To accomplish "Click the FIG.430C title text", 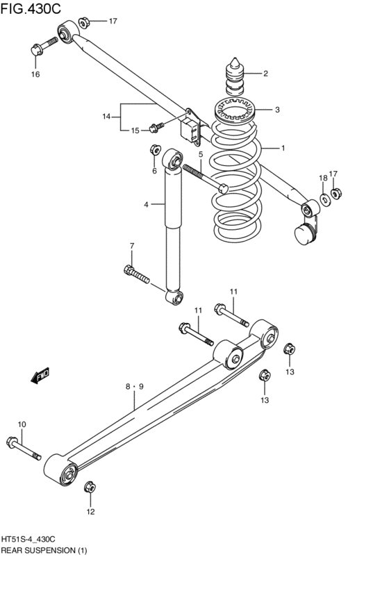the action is (31, 8).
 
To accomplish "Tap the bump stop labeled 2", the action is (235, 77).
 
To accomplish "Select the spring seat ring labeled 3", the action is (233, 110).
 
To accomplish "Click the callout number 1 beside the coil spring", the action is (283, 148).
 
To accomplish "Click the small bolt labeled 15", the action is (157, 127).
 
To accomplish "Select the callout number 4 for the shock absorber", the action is (146, 204).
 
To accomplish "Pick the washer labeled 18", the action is (324, 198).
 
